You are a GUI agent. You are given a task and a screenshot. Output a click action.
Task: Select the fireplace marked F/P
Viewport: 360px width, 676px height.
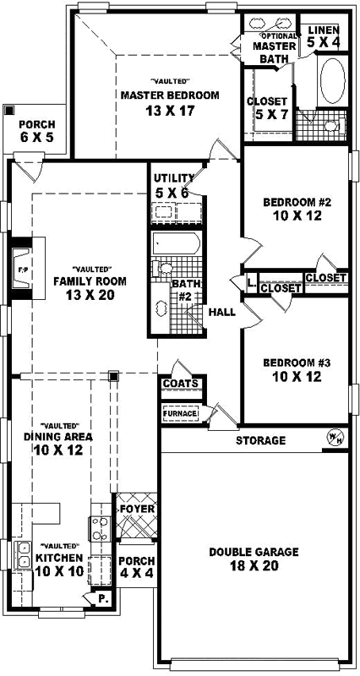click(23, 270)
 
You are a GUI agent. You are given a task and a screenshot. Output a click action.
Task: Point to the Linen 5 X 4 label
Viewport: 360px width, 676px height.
click(323, 35)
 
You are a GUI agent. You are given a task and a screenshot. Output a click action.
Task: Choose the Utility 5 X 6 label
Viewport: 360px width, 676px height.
click(176, 186)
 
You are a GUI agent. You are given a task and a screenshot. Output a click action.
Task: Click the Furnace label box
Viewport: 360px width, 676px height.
click(180, 414)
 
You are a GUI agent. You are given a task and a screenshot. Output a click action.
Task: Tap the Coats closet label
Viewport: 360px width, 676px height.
click(182, 384)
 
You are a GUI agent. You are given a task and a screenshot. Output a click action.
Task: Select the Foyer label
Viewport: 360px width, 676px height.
click(136, 509)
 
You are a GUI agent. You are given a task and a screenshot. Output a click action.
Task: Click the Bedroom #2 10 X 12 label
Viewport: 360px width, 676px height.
click(292, 210)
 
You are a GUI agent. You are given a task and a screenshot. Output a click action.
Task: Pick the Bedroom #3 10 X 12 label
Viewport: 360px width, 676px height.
click(292, 369)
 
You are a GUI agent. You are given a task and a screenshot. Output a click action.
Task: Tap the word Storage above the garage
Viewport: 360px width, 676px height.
click(260, 440)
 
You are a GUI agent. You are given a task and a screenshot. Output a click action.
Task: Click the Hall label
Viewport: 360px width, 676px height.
click(221, 312)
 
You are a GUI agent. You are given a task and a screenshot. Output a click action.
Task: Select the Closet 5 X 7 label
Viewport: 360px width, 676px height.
click(267, 107)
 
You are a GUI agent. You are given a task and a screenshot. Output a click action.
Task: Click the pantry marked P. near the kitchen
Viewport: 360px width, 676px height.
click(103, 598)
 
